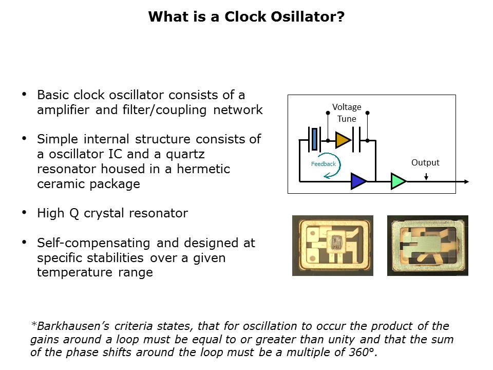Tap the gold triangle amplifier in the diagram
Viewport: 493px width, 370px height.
[x=343, y=140]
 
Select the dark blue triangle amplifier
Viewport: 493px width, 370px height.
[x=358, y=181]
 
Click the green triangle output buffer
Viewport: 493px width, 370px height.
[x=399, y=181]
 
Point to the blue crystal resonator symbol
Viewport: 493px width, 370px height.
[x=314, y=139]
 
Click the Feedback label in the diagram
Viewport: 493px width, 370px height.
[x=323, y=164]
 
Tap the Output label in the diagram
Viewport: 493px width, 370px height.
[x=425, y=163]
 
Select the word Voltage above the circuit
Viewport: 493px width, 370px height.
[x=347, y=107]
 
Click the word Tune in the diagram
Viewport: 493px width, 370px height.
[x=347, y=119]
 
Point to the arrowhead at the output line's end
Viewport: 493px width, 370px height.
[x=467, y=181]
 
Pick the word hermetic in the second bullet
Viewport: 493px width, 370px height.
[x=203, y=169]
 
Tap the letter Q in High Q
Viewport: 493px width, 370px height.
[x=74, y=213]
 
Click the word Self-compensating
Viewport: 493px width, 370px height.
[x=93, y=243]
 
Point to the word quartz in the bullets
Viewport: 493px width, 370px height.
[x=185, y=155]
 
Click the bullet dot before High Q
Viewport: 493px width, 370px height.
[x=24, y=212]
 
